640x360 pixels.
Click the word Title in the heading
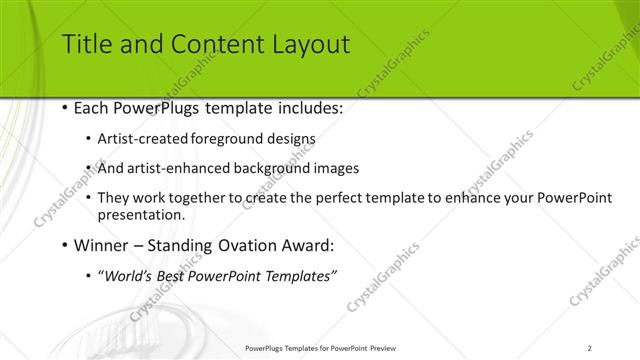tap(86, 44)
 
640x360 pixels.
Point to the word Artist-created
tap(138, 140)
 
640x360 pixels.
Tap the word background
tap(272, 169)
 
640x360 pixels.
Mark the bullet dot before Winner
tap(65, 245)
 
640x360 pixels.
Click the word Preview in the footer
tap(387, 347)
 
